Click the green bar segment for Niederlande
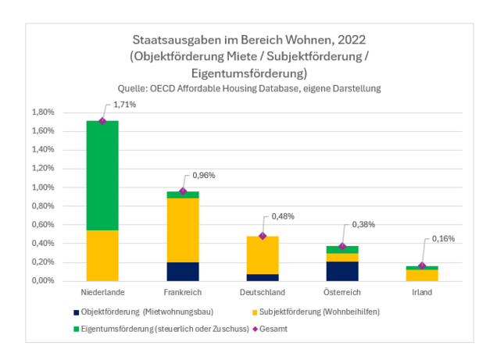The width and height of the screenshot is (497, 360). point(102,176)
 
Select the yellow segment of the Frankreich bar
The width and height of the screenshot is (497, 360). point(183,230)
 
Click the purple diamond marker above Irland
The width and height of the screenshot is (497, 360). point(422,266)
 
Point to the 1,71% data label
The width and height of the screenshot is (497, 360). point(124,105)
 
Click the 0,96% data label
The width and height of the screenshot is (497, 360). point(203,175)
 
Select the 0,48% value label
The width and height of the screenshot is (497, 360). point(283,217)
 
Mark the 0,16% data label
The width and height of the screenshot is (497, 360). point(443,239)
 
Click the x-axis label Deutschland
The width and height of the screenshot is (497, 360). point(263,292)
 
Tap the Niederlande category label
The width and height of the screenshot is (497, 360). point(102,292)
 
